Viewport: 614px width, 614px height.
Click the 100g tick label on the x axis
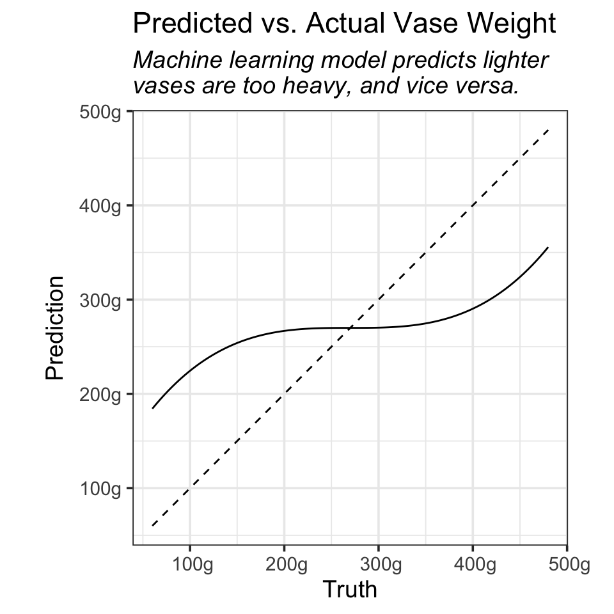(190, 565)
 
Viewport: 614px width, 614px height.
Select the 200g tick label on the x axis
(284, 565)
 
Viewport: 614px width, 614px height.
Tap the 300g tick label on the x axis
(379, 565)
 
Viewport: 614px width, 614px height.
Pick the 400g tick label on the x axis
(473, 565)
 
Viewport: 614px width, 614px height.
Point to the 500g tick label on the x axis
(567, 565)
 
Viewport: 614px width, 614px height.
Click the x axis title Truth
(350, 589)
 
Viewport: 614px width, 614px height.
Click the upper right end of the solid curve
(548, 248)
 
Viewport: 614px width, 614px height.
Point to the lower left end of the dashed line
(152, 526)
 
